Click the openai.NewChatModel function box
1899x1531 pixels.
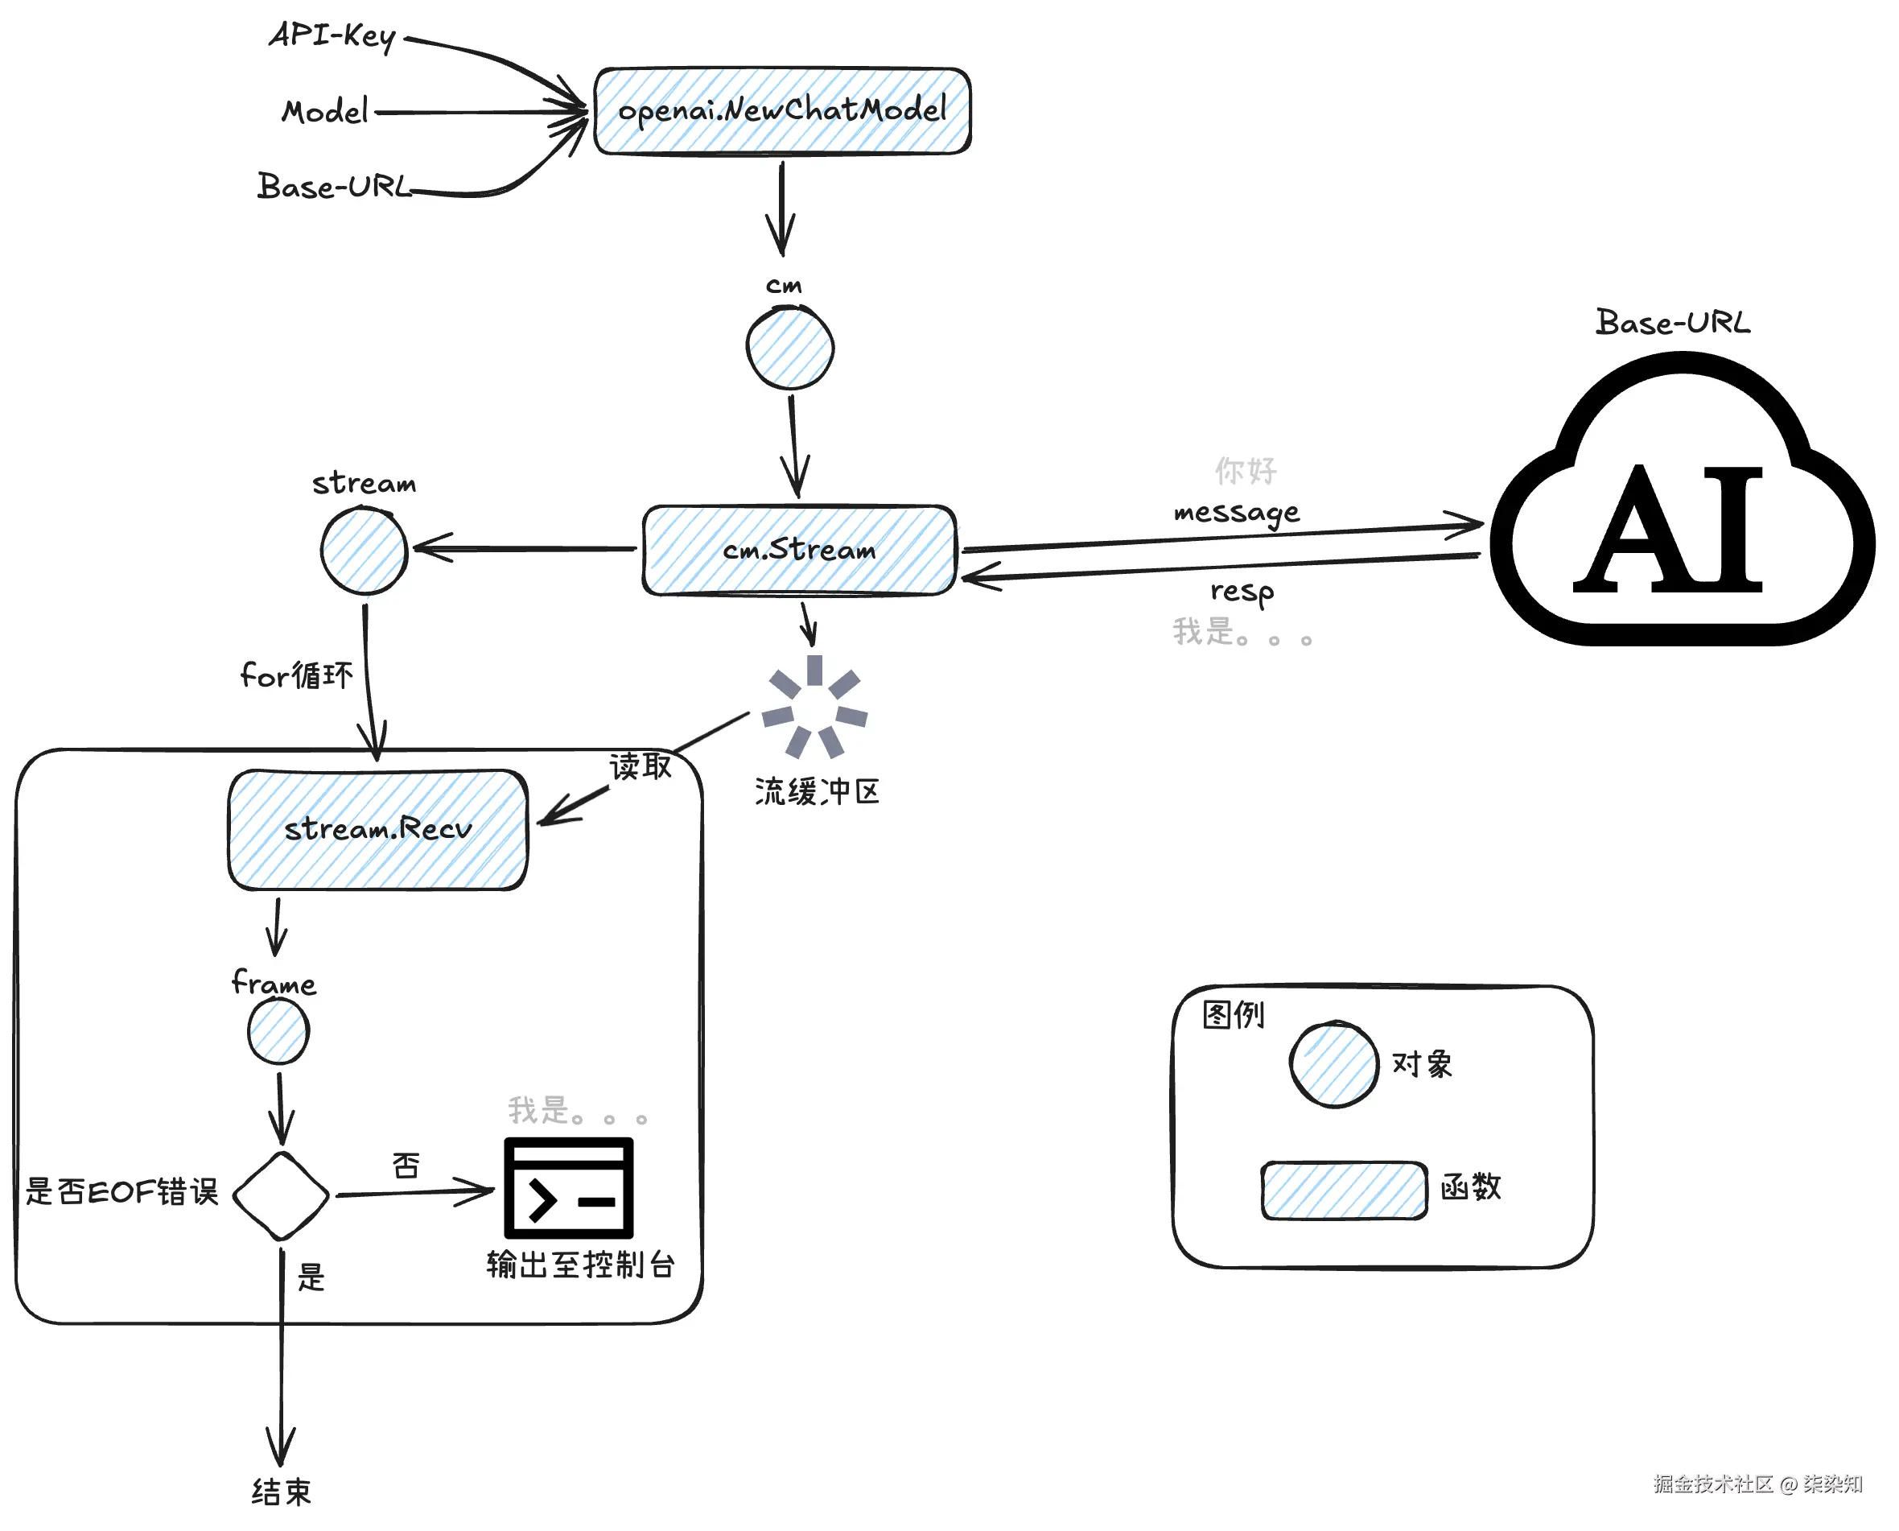[x=782, y=111]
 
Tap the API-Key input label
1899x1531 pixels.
[x=332, y=36]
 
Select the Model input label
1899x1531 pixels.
[x=324, y=112]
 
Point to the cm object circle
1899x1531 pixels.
[x=790, y=349]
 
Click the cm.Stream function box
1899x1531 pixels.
[x=799, y=551]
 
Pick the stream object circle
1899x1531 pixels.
[x=363, y=551]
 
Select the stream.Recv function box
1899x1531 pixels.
[x=377, y=830]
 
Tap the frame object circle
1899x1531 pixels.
[x=278, y=1032]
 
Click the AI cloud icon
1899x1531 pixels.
[x=1682, y=503]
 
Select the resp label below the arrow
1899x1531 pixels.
[x=1242, y=591]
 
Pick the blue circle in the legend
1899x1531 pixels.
[x=1334, y=1064]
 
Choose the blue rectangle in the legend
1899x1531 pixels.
[x=1344, y=1191]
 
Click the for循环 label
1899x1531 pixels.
[x=296, y=675]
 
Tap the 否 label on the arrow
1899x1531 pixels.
[x=406, y=1166]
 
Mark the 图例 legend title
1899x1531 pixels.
[x=1234, y=1015]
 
